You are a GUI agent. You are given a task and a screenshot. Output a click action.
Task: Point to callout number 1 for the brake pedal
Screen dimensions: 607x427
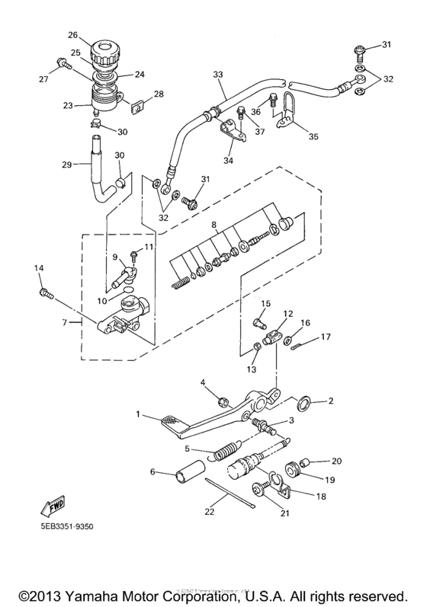(x=138, y=414)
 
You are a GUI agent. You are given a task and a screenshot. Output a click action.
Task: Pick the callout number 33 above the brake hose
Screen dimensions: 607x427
(x=219, y=75)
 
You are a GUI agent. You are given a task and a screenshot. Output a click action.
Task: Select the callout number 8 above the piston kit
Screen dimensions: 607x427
(x=214, y=225)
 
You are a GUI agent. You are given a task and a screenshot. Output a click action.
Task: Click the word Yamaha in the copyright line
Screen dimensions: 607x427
(x=113, y=593)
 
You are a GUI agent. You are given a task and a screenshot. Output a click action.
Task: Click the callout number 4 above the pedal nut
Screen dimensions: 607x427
(x=204, y=382)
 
